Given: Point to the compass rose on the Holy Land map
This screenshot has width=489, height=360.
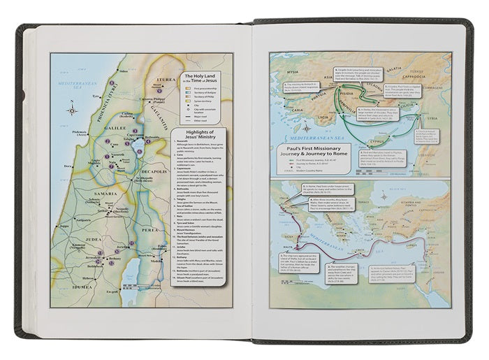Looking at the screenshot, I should (72, 110).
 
